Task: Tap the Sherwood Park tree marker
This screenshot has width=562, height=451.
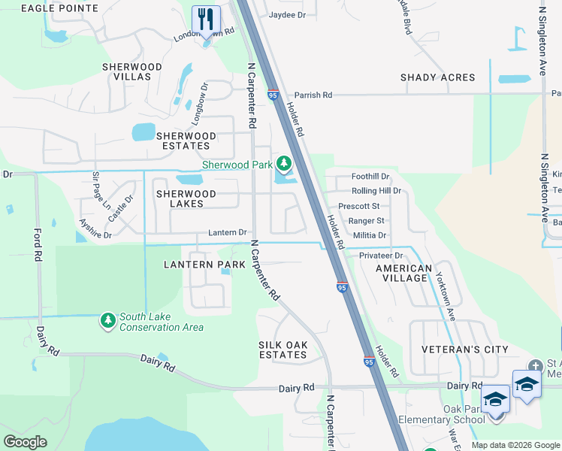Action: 283,163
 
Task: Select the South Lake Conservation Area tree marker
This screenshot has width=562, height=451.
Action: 108,321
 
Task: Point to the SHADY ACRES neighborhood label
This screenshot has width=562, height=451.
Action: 437,77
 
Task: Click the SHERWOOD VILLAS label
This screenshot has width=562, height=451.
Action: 132,72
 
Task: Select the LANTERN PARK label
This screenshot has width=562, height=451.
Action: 205,265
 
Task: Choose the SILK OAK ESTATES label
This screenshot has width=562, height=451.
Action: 283,350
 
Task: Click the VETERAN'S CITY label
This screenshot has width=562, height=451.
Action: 464,350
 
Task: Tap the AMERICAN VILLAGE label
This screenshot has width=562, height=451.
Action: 404,273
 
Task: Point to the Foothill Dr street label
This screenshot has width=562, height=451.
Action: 370,176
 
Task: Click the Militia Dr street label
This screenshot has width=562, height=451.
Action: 369,235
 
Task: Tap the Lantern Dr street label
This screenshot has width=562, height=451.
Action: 228,233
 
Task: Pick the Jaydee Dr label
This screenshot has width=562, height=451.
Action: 287,14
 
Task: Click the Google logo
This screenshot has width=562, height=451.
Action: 25,442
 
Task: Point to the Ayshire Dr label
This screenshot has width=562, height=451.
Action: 95,229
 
